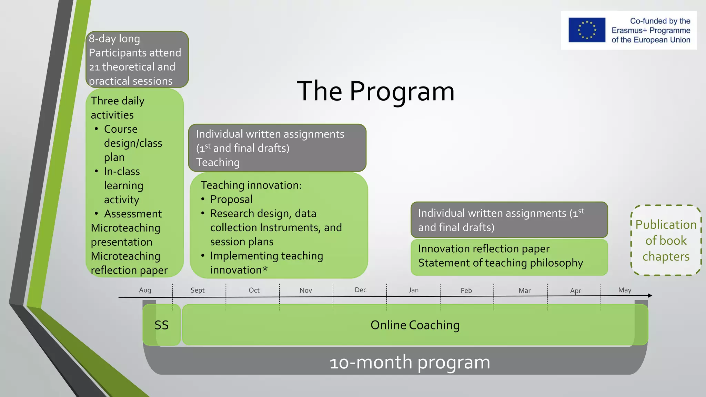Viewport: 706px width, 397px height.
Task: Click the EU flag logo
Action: coord(587,30)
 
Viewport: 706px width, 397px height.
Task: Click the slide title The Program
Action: coord(376,91)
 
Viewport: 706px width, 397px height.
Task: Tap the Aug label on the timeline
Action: coord(145,290)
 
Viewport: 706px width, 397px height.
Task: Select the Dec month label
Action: coord(361,290)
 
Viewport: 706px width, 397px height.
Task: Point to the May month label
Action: coord(625,290)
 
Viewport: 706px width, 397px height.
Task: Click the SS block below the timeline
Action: coord(161,325)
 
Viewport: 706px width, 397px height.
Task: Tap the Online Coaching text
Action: coord(415,325)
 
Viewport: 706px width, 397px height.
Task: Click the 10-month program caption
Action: coord(410,362)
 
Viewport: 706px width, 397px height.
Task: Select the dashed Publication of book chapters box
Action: coord(666,241)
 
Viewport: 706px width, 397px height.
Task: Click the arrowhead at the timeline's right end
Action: coord(649,295)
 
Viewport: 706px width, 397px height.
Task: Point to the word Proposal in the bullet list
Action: coord(231,199)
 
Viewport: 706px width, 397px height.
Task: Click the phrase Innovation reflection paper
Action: coord(484,248)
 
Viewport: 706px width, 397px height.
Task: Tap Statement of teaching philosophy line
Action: coord(500,263)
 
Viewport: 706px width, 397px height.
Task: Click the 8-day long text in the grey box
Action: coord(114,39)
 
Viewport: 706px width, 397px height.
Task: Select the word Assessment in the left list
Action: coord(133,214)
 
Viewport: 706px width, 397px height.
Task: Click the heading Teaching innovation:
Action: coord(251,185)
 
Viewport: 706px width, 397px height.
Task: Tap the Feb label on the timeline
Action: coord(466,291)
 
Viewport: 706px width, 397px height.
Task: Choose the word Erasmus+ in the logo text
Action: coord(626,30)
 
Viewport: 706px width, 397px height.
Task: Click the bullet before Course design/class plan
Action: coord(97,129)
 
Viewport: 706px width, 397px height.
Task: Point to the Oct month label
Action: coord(254,290)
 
